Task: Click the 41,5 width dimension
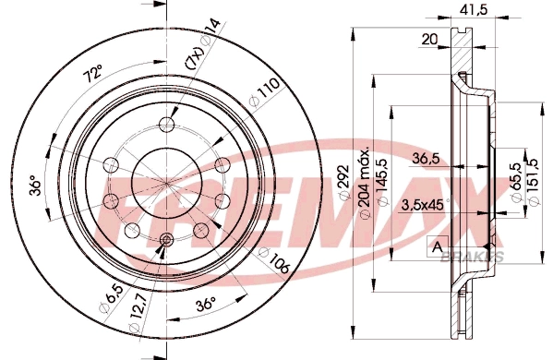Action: [x=474, y=9]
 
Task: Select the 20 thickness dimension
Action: [x=429, y=39]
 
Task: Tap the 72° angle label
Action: [x=92, y=74]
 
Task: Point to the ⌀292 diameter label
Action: [x=343, y=182]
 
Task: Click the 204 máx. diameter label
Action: [x=364, y=182]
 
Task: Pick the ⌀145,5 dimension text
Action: [x=382, y=182]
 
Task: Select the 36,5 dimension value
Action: [x=426, y=159]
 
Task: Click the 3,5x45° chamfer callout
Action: [x=426, y=205]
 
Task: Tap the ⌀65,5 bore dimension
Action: [x=516, y=182]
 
